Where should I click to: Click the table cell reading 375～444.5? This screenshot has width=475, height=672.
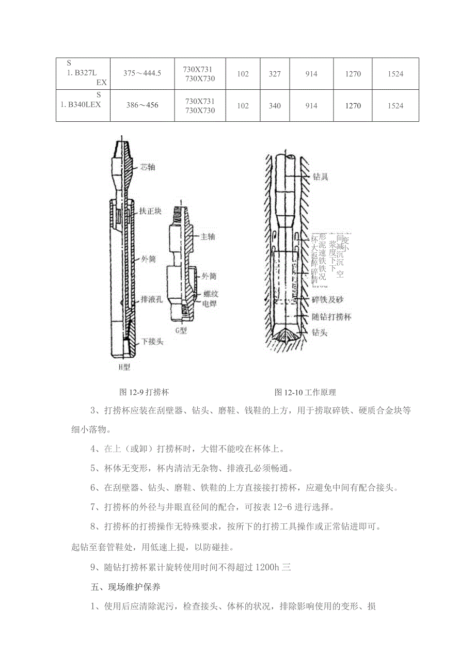(142, 73)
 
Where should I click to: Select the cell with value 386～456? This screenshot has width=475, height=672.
(142, 105)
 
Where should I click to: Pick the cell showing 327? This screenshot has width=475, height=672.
(275, 74)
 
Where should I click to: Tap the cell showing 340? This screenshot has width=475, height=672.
(275, 106)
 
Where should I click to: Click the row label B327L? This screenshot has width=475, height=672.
(83, 73)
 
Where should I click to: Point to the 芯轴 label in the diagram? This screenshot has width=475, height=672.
(147, 167)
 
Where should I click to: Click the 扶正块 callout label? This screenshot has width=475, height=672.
(151, 212)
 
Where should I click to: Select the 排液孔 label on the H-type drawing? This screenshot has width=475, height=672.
(152, 299)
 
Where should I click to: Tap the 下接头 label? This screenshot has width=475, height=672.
(152, 342)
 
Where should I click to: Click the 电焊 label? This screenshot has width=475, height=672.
(210, 303)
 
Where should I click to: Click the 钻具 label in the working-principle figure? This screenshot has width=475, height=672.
(321, 177)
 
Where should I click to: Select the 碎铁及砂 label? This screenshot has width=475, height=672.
(328, 300)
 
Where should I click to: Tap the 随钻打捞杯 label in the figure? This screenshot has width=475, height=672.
(331, 317)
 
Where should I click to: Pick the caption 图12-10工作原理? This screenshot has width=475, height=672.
(305, 393)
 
